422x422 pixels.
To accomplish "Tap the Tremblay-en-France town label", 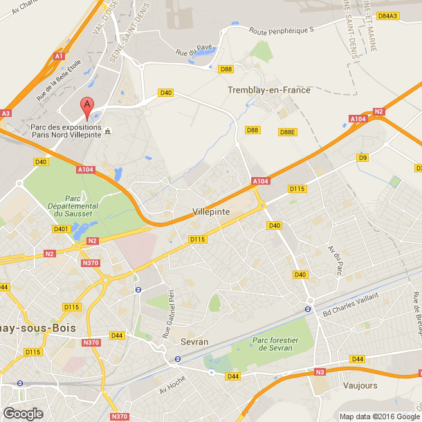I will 269,90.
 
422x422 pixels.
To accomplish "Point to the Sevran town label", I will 194,342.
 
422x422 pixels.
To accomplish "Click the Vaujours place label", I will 360,382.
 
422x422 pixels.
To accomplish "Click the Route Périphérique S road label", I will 282,30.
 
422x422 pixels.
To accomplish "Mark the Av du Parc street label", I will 336,260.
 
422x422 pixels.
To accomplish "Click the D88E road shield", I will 287,132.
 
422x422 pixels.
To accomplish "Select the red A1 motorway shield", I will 59,56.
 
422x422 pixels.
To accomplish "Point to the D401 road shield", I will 61,229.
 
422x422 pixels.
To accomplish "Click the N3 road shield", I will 320,372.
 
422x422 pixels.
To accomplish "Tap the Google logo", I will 23,413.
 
